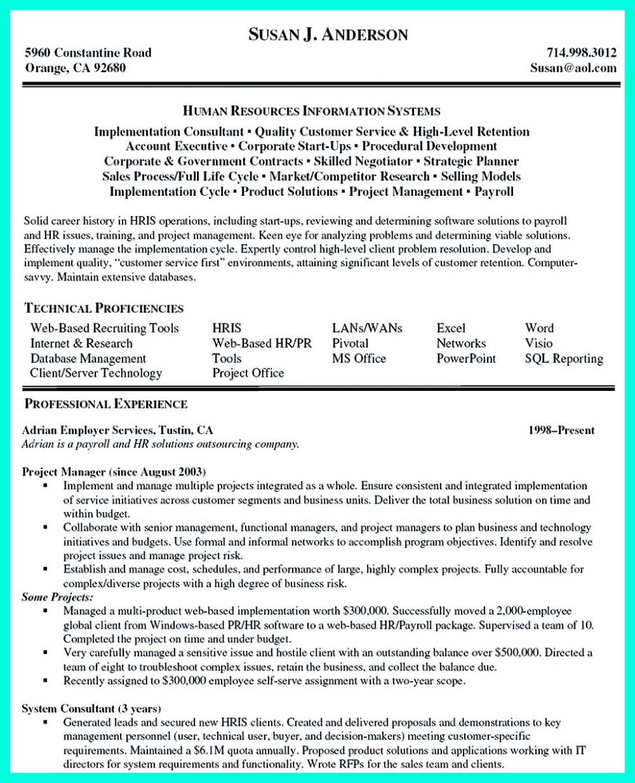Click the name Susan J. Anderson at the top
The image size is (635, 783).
pyautogui.click(x=328, y=34)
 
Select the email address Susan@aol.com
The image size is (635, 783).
pyautogui.click(x=573, y=67)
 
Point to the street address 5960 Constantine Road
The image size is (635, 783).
pyautogui.click(x=88, y=52)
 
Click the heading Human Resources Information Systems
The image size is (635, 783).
pyautogui.click(x=311, y=112)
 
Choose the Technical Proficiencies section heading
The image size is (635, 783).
pyautogui.click(x=104, y=308)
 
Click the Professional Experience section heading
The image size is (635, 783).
pyautogui.click(x=106, y=404)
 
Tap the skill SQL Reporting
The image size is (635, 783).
pyautogui.click(x=564, y=358)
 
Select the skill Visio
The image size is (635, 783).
pyautogui.click(x=539, y=343)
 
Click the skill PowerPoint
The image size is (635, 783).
pyautogui.click(x=466, y=358)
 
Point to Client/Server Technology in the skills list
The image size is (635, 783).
pyautogui.click(x=96, y=373)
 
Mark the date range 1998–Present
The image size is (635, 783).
pyautogui.click(x=561, y=431)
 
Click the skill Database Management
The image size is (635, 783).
pyautogui.click(x=88, y=358)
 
